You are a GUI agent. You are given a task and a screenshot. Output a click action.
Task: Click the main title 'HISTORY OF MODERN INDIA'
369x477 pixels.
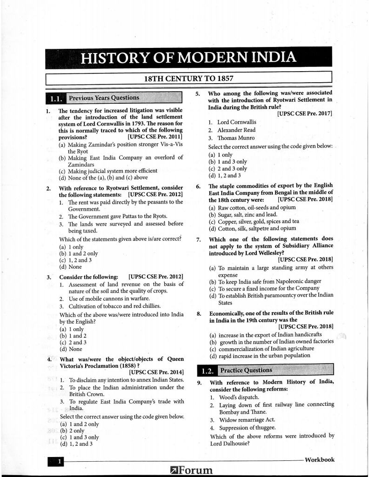click(188, 58)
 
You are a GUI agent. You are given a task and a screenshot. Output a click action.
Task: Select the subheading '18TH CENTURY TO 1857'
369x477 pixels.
click(188, 79)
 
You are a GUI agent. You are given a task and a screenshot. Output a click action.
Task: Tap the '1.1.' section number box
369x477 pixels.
click(55, 99)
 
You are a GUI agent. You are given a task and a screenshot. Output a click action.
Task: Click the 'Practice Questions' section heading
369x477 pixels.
click(246, 370)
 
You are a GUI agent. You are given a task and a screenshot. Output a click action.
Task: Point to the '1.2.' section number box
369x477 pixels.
click(207, 371)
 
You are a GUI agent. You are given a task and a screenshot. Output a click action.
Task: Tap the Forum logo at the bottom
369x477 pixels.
click(192, 470)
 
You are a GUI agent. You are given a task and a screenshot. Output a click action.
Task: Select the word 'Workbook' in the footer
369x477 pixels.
click(319, 460)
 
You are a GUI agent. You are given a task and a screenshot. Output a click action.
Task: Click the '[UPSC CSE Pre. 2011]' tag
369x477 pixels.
click(154, 137)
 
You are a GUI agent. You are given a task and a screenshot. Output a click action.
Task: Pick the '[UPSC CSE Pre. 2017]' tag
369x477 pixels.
click(305, 113)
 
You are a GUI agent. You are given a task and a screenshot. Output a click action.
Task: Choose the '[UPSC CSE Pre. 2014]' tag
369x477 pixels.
click(156, 371)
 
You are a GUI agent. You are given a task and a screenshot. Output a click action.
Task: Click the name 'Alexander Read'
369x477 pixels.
click(236, 130)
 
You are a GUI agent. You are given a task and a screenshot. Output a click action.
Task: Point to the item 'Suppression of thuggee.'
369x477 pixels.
click(248, 428)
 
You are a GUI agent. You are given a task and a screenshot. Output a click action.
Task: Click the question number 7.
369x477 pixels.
click(199, 240)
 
